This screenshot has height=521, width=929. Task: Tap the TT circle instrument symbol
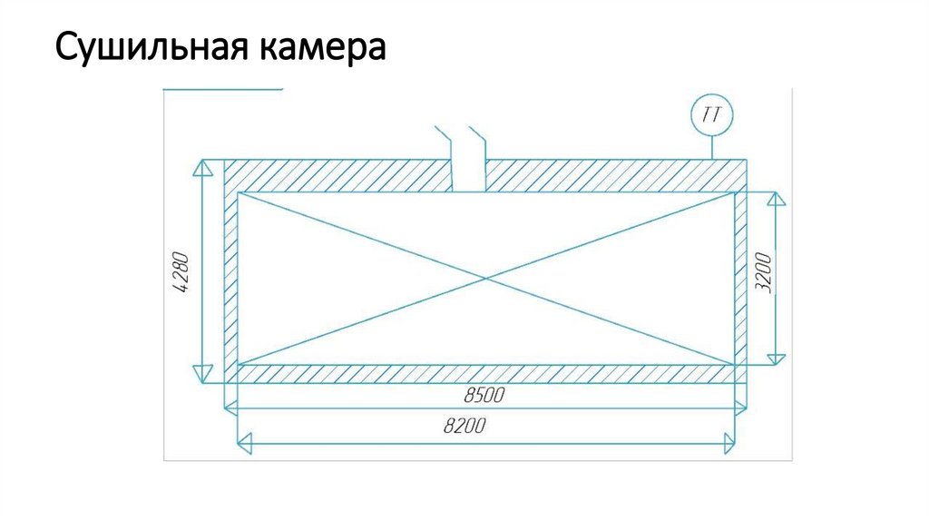711,115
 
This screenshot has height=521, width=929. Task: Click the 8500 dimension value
484,397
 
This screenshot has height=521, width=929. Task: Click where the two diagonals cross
486,278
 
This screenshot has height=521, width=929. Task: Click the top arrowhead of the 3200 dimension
774,199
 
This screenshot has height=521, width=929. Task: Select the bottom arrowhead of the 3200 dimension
774,358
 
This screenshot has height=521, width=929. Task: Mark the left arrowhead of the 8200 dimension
244,443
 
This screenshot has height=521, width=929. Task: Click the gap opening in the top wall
470,174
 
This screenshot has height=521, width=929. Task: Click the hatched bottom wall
486,374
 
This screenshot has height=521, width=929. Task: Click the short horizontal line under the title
222,91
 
